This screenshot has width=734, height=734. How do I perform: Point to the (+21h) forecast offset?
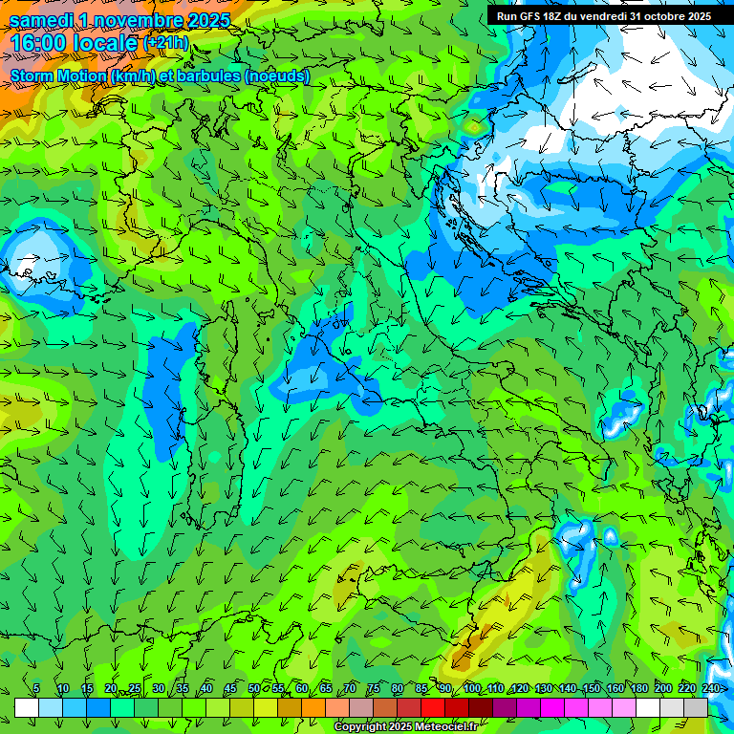165,43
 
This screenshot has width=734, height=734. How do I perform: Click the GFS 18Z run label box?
603,16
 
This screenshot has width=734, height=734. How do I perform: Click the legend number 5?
36,689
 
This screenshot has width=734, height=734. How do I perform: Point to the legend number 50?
253,689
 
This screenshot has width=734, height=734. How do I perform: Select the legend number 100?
471,689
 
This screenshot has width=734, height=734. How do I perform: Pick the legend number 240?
711,689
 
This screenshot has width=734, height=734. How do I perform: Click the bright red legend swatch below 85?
433,707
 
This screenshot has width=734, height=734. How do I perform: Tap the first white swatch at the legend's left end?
27,707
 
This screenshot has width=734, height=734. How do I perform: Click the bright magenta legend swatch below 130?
552,707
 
